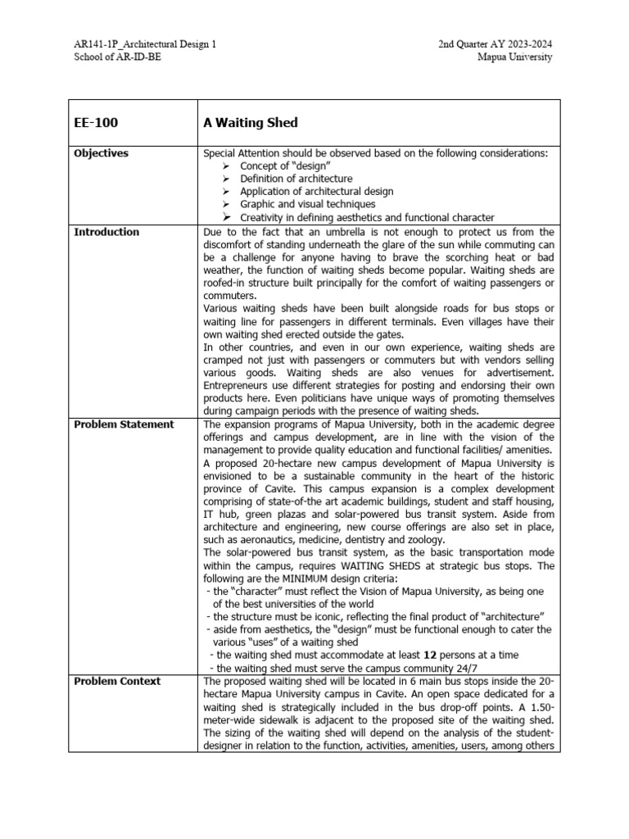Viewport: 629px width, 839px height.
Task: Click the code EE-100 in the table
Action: (96, 123)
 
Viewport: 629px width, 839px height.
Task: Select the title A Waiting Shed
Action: (251, 123)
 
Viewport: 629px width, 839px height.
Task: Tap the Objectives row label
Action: (101, 153)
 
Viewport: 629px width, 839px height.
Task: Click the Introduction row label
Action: (106, 232)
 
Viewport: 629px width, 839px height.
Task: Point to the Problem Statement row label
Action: (124, 424)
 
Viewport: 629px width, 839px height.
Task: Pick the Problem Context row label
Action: (117, 682)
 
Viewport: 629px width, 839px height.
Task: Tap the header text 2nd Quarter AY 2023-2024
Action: (495, 44)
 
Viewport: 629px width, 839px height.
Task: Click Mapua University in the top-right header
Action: (515, 57)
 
